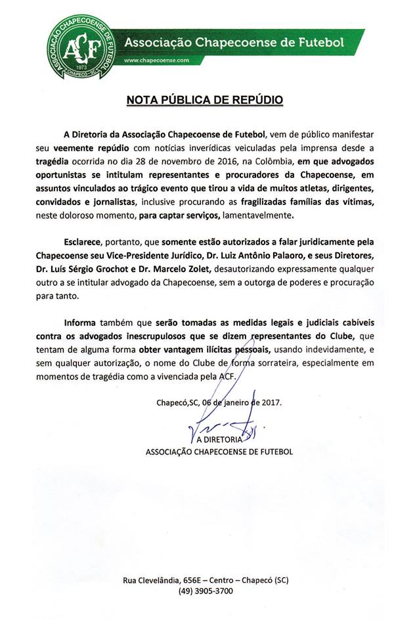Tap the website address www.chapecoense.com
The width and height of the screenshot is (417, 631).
156,60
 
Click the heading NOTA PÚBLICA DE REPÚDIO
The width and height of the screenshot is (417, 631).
204,100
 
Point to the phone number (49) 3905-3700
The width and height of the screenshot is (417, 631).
205,590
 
